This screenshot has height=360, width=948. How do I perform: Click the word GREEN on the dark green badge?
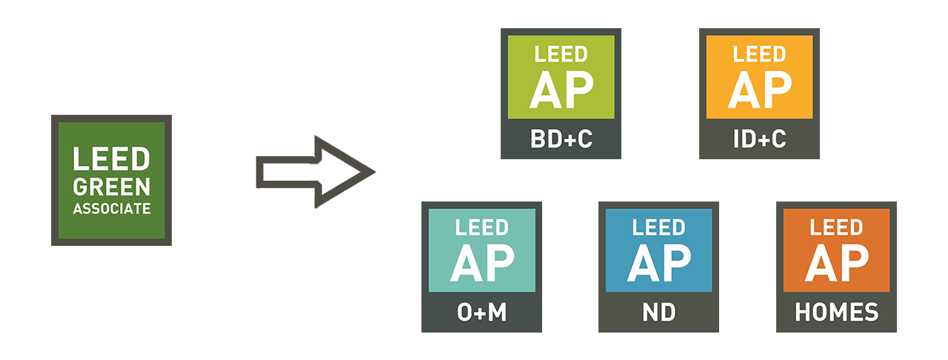pyautogui.click(x=111, y=186)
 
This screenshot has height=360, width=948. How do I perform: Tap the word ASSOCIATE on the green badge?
pyautogui.click(x=111, y=209)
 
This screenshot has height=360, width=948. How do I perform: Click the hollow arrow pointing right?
pyautogui.click(x=315, y=172)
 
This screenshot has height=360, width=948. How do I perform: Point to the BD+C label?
pyautogui.click(x=561, y=139)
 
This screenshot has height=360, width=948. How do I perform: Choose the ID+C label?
pyautogui.click(x=759, y=139)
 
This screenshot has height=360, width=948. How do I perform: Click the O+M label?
pyautogui.click(x=481, y=313)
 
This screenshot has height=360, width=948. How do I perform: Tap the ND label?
pyautogui.click(x=658, y=313)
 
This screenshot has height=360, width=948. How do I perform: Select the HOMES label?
pyautogui.click(x=836, y=313)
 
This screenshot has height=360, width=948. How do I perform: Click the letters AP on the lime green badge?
pyautogui.click(x=561, y=90)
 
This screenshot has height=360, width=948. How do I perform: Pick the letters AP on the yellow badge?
pyautogui.click(x=759, y=90)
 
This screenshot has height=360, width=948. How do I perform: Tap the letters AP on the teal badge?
pyautogui.click(x=481, y=263)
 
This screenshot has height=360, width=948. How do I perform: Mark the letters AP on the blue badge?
pyautogui.click(x=658, y=263)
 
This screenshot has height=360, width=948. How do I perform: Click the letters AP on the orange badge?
pyautogui.click(x=836, y=263)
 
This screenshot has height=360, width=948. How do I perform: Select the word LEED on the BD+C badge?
pyautogui.click(x=561, y=54)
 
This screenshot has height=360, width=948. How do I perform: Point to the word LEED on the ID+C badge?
pyautogui.click(x=759, y=54)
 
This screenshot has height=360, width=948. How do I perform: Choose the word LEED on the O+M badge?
pyautogui.click(x=481, y=227)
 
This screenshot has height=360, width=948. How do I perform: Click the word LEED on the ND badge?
pyautogui.click(x=658, y=227)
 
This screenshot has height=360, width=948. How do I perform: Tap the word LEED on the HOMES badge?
pyautogui.click(x=836, y=227)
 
